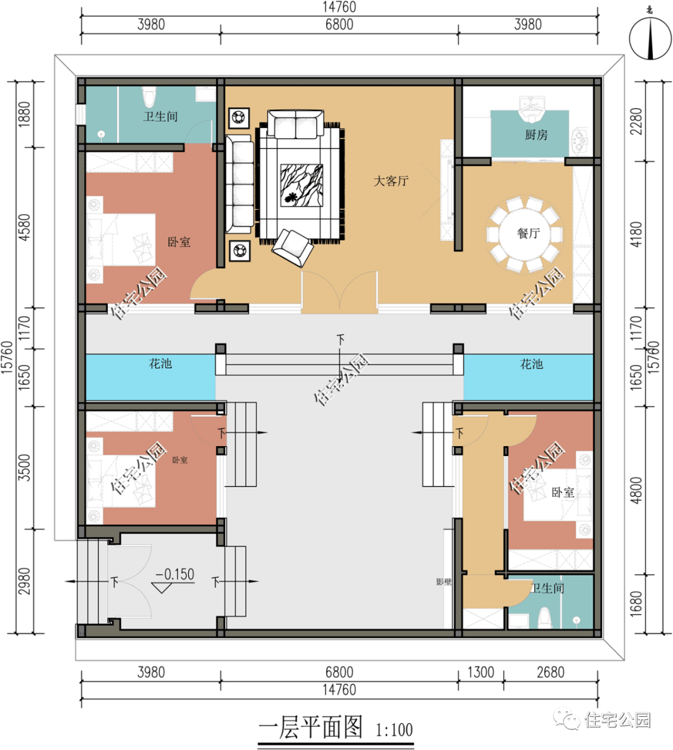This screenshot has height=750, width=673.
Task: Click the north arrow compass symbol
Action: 651,37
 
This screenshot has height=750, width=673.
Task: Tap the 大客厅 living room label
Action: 391,181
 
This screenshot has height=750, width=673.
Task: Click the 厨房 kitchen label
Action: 536,135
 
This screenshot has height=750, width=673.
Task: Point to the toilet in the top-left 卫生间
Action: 149,97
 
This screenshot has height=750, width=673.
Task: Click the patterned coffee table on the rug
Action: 302,185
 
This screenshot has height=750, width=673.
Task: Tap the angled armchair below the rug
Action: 292,247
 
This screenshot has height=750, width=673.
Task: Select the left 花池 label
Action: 161,364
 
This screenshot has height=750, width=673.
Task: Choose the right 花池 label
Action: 532,364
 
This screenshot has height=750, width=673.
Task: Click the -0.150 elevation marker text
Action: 175,574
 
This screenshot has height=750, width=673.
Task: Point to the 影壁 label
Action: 444,582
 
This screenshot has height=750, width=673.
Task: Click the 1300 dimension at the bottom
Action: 480,672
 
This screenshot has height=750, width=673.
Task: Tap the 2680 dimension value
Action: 551,672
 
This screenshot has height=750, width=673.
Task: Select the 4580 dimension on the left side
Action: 24,227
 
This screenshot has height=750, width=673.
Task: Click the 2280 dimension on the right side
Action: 636,121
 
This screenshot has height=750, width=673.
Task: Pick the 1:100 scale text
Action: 394,729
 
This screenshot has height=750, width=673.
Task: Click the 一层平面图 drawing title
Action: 310,727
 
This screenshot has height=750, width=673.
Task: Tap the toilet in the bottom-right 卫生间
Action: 544,618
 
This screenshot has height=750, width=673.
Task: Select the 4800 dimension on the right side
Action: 636,490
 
